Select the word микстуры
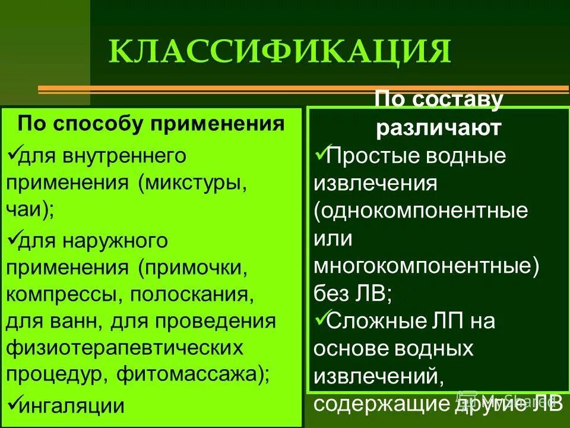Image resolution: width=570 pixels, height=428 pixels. (x=192, y=182)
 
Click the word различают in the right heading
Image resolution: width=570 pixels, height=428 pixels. (x=439, y=128)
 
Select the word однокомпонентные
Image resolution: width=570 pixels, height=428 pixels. (x=421, y=211)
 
